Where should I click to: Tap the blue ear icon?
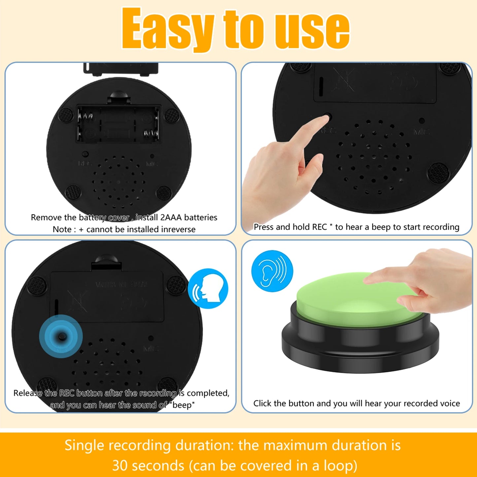click(x=272, y=271)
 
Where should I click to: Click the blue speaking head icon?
click(x=208, y=288)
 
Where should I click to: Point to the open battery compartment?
click(x=119, y=124)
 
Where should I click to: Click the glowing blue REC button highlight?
click(x=61, y=336)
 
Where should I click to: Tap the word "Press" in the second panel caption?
click(x=263, y=227)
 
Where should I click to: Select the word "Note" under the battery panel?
click(x=62, y=229)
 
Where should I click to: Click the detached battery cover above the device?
click(x=121, y=68)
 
